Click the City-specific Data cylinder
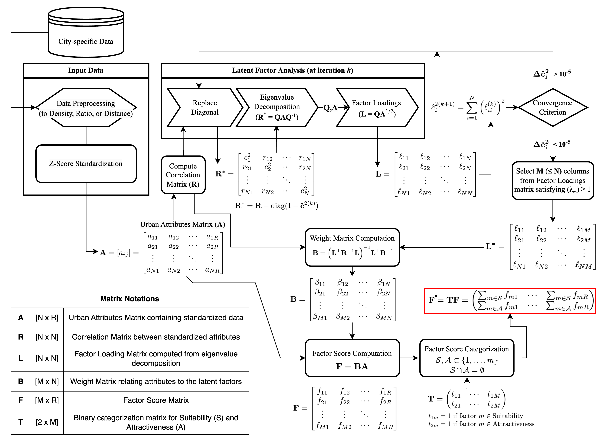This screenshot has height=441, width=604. pyautogui.click(x=86, y=33)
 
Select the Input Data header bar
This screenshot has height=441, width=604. pyautogui.click(x=86, y=70)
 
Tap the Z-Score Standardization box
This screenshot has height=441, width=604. pyautogui.click(x=86, y=164)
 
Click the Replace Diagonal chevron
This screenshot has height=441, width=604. pyautogui.click(x=205, y=108)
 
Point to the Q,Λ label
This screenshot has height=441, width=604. pyautogui.click(x=330, y=108)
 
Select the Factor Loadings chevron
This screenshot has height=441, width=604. pyautogui.click(x=377, y=108)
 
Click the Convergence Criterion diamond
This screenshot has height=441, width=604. pyautogui.click(x=552, y=108)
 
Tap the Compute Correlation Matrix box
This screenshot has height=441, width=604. pyautogui.click(x=183, y=175)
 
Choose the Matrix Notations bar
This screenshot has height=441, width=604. pyautogui.click(x=130, y=298)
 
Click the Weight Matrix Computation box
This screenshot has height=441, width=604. pyautogui.click(x=352, y=247)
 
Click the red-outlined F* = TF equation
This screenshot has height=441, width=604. pyautogui.click(x=510, y=300)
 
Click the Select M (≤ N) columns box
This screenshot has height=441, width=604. pyautogui.click(x=552, y=180)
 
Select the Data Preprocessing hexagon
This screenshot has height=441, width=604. pyautogui.click(x=86, y=108)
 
